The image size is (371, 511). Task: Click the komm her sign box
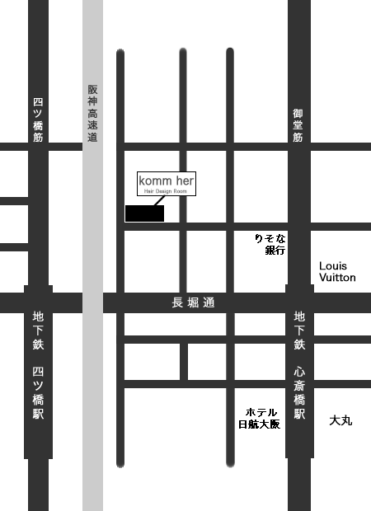pyautogui.click(x=167, y=183)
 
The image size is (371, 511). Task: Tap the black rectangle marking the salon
pyautogui.click(x=144, y=213)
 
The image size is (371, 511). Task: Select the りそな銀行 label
pyautogui.click(x=270, y=244)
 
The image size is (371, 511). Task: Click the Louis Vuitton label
pyautogui.click(x=337, y=272)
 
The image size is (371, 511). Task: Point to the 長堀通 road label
pyautogui.click(x=193, y=302)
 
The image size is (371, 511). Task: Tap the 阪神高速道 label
pyautogui.click(x=92, y=113)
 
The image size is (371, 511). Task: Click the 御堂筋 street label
pyautogui.click(x=298, y=125)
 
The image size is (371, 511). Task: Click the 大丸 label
pyautogui.click(x=340, y=420)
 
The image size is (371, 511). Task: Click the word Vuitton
pyautogui.click(x=337, y=278)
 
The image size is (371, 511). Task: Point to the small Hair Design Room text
pyautogui.click(x=167, y=190)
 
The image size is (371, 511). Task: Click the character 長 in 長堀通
pyautogui.click(x=176, y=302)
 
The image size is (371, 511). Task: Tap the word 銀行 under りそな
pyautogui.click(x=275, y=250)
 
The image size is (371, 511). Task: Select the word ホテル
pyautogui.click(x=261, y=412)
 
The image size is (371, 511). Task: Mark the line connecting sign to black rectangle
pyautogui.click(x=158, y=200)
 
